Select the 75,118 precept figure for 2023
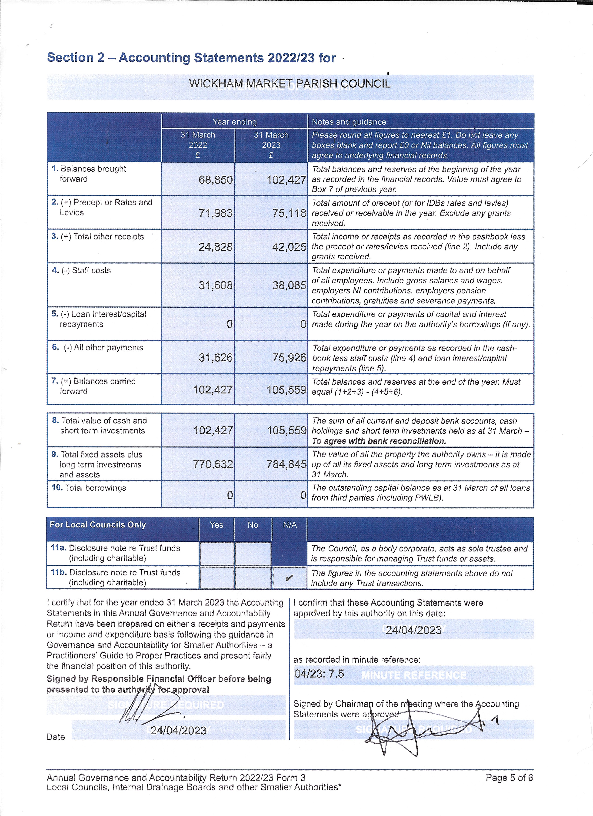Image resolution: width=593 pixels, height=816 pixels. point(289,213)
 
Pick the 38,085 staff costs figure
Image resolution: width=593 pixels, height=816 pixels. point(289,285)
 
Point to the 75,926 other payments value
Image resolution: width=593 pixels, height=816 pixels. point(289,358)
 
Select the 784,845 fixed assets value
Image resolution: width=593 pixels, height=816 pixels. point(286,464)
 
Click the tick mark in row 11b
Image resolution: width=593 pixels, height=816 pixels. point(289,578)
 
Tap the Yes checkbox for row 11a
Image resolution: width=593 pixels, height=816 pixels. point(217,553)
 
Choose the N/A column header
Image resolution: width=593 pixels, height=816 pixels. point(290,525)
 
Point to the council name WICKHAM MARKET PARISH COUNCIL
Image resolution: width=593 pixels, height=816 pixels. point(290,84)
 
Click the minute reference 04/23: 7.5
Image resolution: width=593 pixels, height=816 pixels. point(319,673)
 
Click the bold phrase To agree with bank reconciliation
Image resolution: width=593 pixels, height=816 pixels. point(379,441)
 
